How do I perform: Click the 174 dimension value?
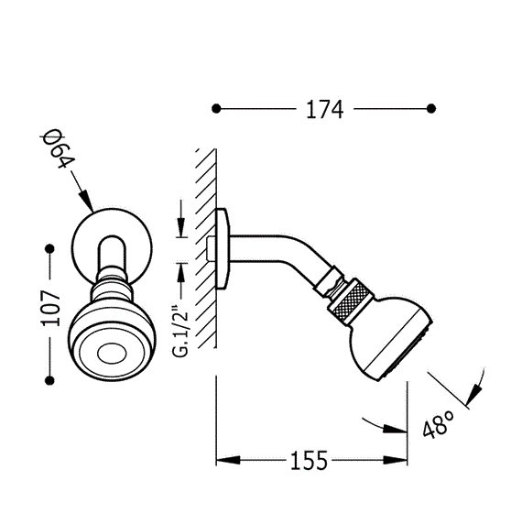pyautogui.click(x=324, y=109)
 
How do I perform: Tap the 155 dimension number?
pyautogui.click(x=309, y=461)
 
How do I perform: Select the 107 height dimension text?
pyautogui.click(x=50, y=308)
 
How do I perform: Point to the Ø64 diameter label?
pyautogui.click(x=58, y=148)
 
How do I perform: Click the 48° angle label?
pyautogui.click(x=438, y=424)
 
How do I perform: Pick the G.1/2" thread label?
pyautogui.click(x=180, y=330)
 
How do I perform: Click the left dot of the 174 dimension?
pyautogui.click(x=216, y=109)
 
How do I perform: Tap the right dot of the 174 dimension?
pyautogui.click(x=431, y=109)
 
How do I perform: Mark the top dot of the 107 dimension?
pyautogui.click(x=50, y=248)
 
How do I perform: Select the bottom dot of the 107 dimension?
pyautogui.click(x=49, y=380)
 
